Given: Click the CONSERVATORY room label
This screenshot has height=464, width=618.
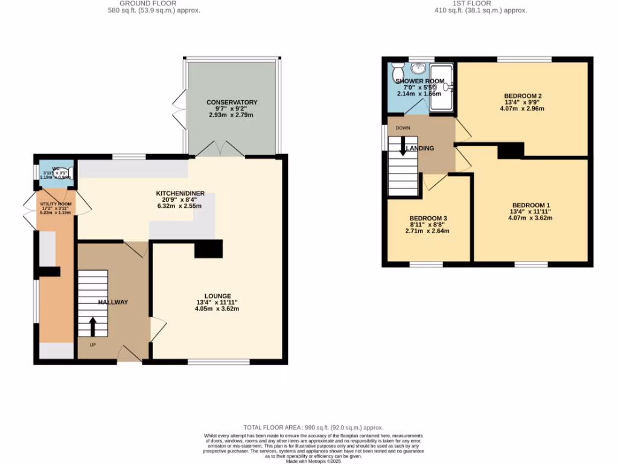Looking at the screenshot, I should (x=232, y=102).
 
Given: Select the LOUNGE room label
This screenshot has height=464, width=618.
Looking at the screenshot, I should (x=217, y=295).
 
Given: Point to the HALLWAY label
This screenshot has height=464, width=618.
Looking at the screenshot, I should (x=113, y=302).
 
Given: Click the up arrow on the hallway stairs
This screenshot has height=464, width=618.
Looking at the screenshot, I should (x=92, y=327).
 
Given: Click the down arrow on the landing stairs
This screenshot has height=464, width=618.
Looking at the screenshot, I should (x=403, y=146).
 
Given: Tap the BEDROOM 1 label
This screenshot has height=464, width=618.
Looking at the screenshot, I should (x=530, y=205).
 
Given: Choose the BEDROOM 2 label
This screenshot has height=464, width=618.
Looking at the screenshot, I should (x=523, y=95).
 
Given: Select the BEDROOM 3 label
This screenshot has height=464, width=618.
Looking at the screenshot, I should (x=428, y=218).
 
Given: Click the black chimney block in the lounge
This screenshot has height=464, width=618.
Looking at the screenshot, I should (x=208, y=249).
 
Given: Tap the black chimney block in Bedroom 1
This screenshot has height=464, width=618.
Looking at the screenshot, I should (x=510, y=150).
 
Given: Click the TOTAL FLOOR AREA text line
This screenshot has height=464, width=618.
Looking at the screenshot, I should (x=313, y=427).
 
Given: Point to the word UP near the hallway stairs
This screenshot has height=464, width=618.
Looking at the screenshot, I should (x=93, y=345).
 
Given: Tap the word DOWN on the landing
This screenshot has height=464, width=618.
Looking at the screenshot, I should (x=403, y=128).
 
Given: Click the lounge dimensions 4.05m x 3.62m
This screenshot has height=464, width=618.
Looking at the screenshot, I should (x=217, y=309).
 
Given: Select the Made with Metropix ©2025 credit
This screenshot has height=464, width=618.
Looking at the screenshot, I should (x=313, y=461).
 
